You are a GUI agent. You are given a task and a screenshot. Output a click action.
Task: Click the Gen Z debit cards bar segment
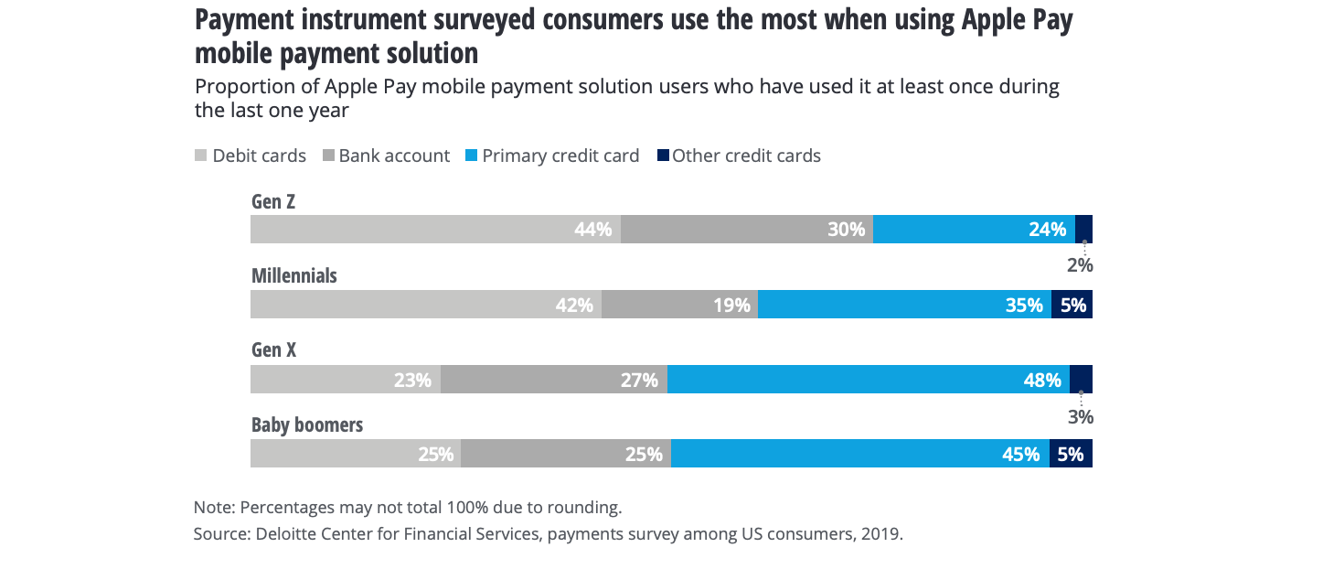coord(435,229)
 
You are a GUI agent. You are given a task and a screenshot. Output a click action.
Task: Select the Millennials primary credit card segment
coord(904,305)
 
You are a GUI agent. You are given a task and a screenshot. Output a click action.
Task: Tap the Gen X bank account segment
coord(553,380)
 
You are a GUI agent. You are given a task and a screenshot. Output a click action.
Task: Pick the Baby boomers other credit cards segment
coord(1071,454)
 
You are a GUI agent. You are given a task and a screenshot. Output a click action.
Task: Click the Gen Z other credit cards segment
coord(1083,229)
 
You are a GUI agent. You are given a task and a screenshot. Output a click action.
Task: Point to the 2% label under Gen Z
coord(1080,266)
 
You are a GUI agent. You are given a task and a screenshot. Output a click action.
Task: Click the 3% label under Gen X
coord(1081,417)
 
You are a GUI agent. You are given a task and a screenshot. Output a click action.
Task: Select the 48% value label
coord(1042,380)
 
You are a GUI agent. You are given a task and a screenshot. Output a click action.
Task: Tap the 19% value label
coord(732,305)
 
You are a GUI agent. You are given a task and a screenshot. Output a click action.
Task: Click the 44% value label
coord(592,230)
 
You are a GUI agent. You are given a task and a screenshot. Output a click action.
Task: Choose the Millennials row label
coord(294,275)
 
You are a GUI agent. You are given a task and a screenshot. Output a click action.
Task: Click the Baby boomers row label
coord(307,425)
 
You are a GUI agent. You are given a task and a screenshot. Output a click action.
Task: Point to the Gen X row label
coord(274,350)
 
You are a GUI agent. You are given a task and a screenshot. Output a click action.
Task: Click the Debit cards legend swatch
coord(201,156)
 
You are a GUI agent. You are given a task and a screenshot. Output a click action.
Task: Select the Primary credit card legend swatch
coord(471,156)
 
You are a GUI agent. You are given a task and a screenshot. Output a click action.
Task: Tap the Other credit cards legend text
coord(746,156)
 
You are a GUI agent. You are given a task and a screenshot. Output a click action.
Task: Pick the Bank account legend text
coord(394,156)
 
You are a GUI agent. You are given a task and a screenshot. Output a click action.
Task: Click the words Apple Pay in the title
coord(1016,21)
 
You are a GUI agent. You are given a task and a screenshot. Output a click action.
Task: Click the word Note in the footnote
coord(212,507)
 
